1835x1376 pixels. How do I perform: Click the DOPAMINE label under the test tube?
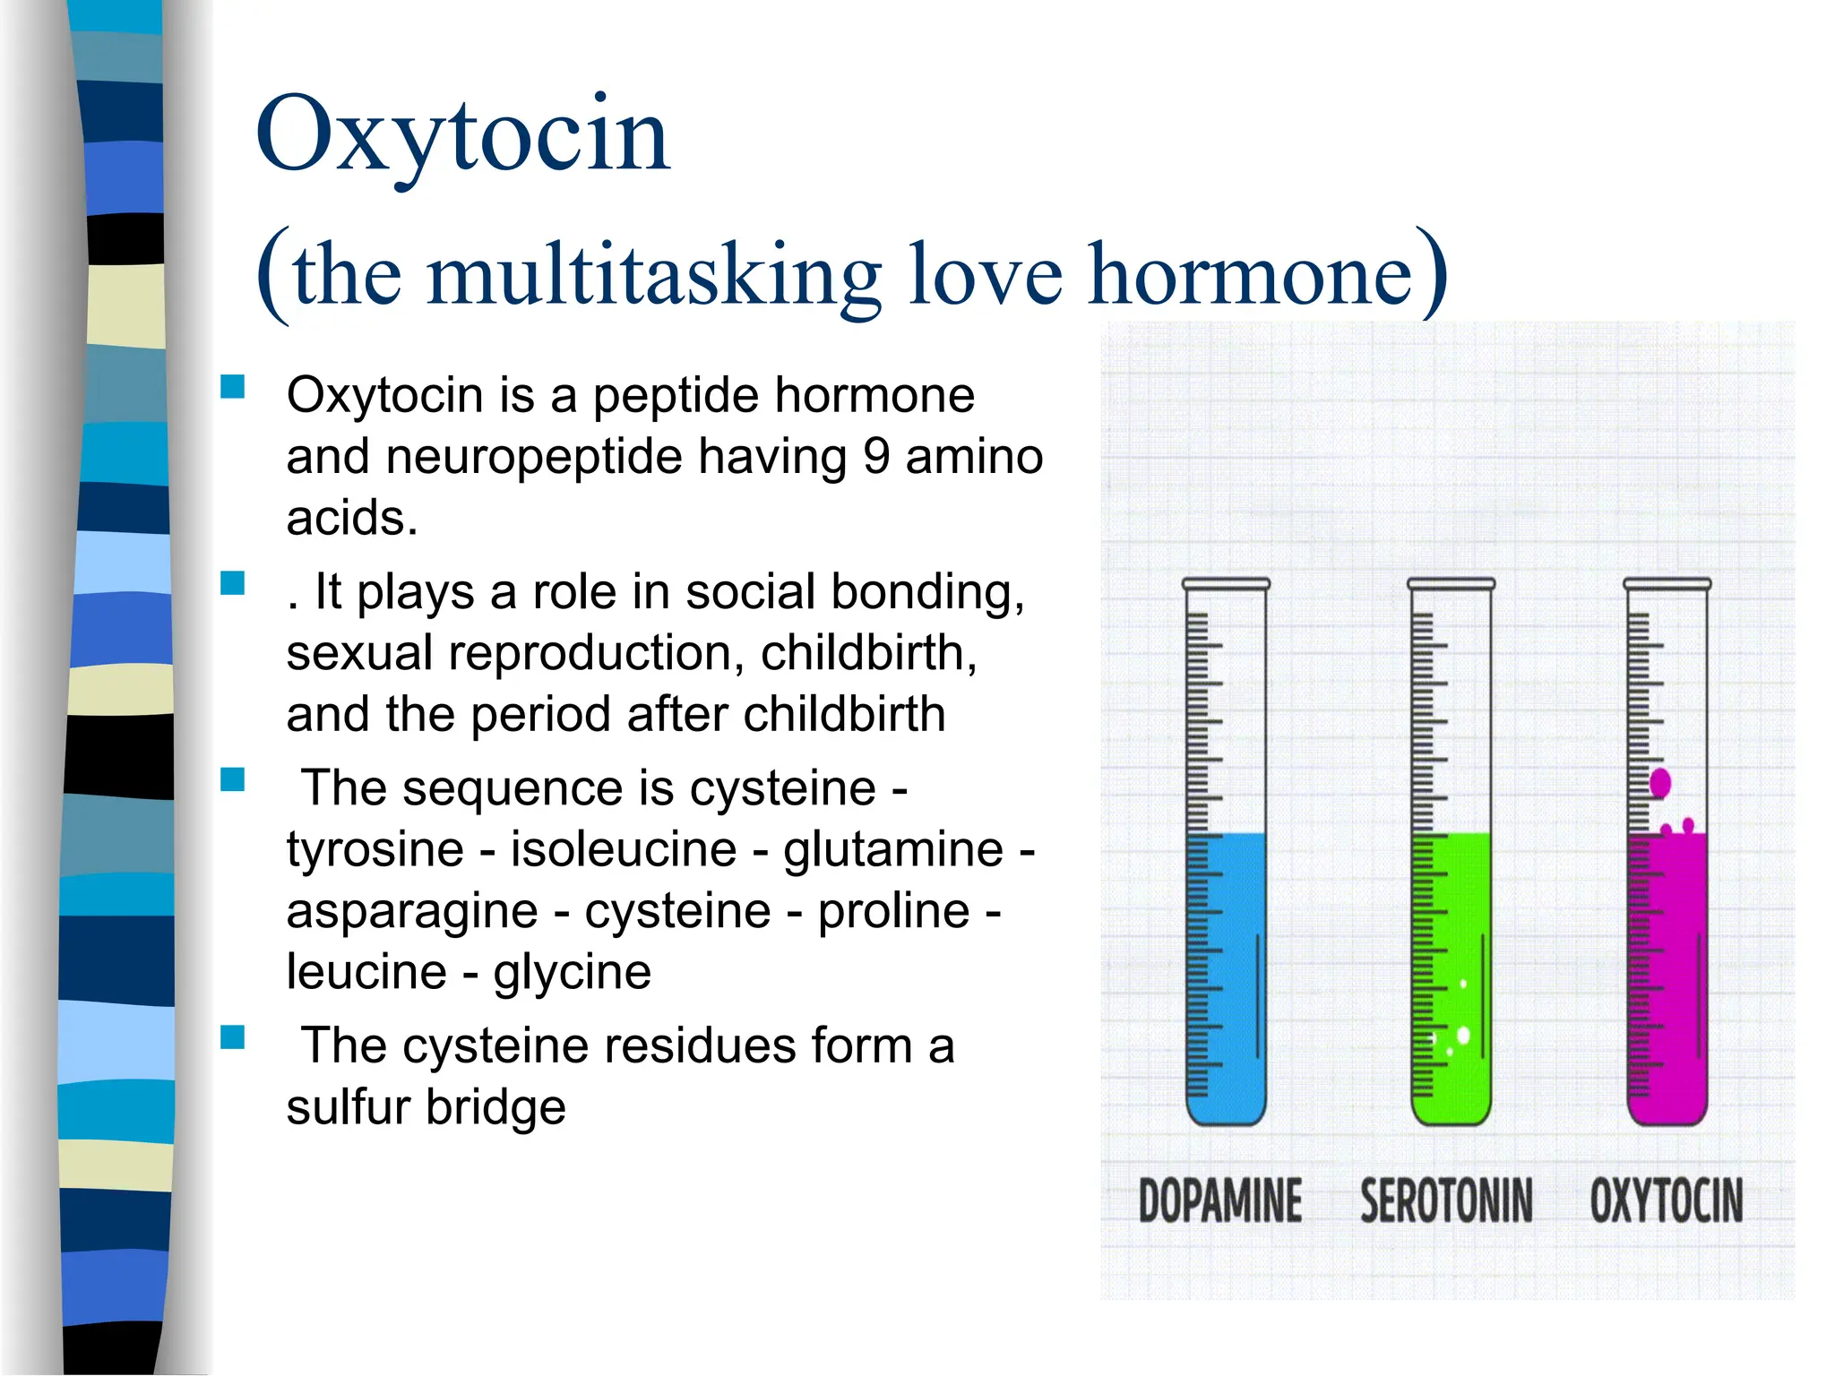(x=1219, y=1200)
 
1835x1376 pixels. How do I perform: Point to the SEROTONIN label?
(x=1446, y=1200)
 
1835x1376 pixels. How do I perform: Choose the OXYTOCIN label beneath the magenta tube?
(x=1667, y=1200)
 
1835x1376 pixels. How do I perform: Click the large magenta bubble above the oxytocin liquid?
(x=1660, y=783)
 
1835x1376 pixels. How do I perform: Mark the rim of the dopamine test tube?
(x=1226, y=584)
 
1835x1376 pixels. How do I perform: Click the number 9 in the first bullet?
(x=876, y=457)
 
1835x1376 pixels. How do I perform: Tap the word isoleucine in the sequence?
(x=624, y=849)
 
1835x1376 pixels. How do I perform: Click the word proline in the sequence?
(x=893, y=911)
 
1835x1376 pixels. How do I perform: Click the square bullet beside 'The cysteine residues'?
(x=233, y=1037)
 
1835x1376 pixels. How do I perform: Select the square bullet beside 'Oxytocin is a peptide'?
(x=233, y=387)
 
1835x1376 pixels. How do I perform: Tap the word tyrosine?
(x=375, y=849)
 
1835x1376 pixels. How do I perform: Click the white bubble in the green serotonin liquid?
(x=1463, y=1036)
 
